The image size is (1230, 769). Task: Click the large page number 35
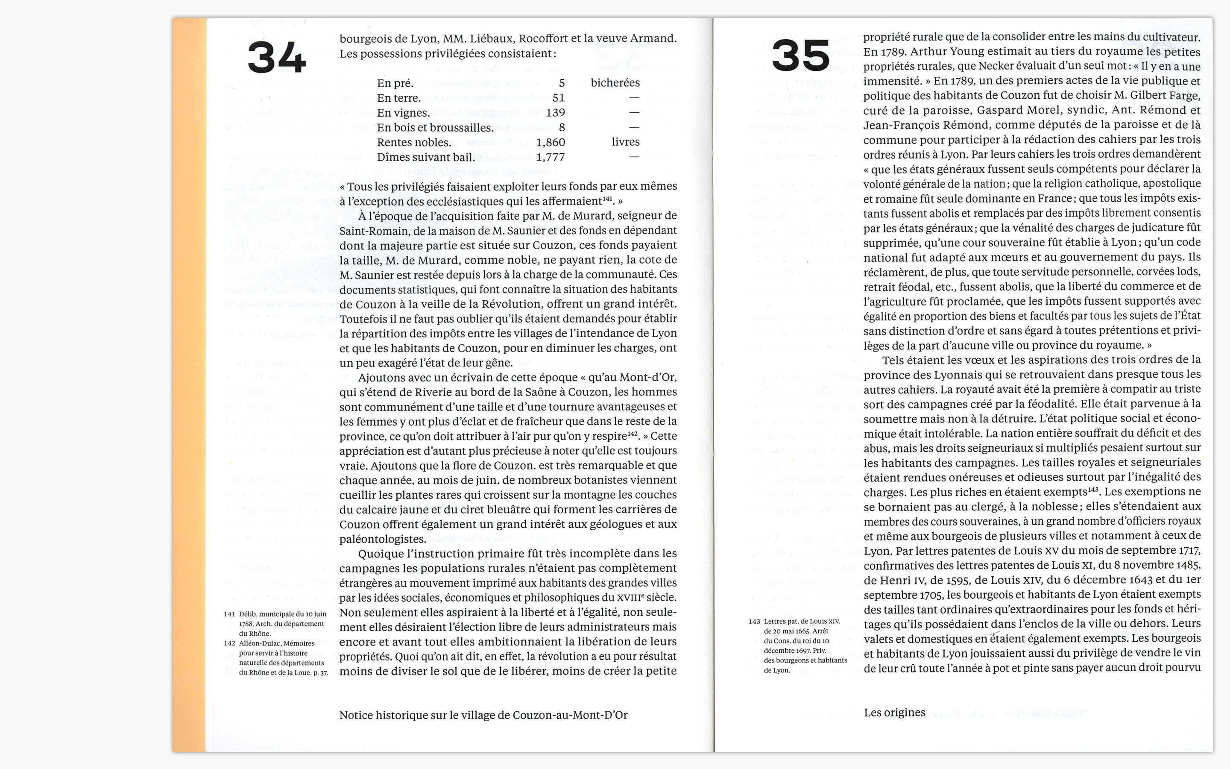(800, 56)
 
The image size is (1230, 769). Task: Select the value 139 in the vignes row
(555, 112)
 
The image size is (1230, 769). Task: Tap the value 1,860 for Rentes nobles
(551, 142)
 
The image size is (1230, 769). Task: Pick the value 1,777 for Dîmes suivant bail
(551, 157)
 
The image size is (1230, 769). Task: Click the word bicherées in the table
(615, 82)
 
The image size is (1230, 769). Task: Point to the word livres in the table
(626, 142)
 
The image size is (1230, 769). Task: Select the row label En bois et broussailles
(435, 128)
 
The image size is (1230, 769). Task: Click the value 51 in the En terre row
(559, 98)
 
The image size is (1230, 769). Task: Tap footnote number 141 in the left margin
(229, 614)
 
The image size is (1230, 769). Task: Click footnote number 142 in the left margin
(229, 643)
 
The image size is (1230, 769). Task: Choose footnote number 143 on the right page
(754, 622)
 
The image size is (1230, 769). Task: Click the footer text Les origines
(895, 713)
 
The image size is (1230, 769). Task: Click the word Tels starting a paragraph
(894, 360)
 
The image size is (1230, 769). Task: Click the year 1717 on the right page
(1188, 550)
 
